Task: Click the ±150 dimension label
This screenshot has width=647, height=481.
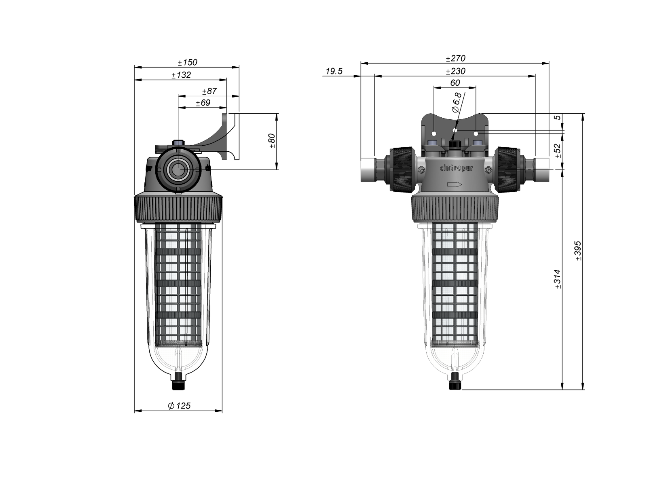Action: pyautogui.click(x=188, y=62)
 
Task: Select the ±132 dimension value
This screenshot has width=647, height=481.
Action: pyautogui.click(x=181, y=75)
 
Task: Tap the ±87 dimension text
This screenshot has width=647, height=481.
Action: pyautogui.click(x=209, y=91)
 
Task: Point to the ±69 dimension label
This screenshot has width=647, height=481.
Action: pyautogui.click(x=203, y=103)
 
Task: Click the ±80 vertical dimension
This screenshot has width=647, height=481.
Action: pyautogui.click(x=272, y=141)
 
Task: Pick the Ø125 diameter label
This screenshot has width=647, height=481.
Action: pyautogui.click(x=179, y=405)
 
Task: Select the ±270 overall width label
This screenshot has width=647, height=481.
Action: pyautogui.click(x=456, y=58)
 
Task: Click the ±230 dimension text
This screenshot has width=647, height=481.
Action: pyautogui.click(x=456, y=71)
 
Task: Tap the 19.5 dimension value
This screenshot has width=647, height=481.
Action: pyautogui.click(x=334, y=71)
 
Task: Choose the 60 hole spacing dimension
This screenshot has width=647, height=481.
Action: pyautogui.click(x=455, y=83)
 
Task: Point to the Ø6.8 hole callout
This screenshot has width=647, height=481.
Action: pyautogui.click(x=457, y=103)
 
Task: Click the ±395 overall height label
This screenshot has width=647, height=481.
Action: pyautogui.click(x=578, y=251)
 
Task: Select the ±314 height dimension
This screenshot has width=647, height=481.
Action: pyautogui.click(x=558, y=279)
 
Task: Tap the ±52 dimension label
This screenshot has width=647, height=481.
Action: pyautogui.click(x=558, y=151)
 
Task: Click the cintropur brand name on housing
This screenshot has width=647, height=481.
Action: pyautogui.click(x=456, y=168)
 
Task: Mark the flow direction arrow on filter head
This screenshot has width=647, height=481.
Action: pyautogui.click(x=455, y=185)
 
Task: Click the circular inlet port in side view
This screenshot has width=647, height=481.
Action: pyautogui.click(x=178, y=170)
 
